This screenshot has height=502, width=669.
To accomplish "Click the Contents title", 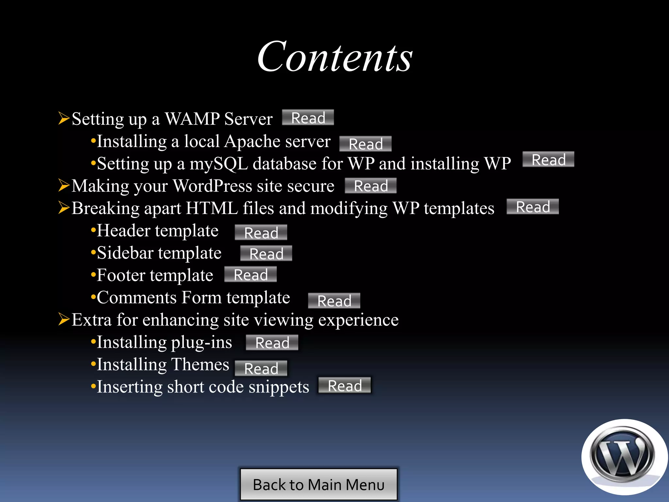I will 335,58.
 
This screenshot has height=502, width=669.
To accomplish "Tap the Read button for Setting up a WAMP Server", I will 308,118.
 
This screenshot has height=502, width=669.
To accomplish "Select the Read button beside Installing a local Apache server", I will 366,144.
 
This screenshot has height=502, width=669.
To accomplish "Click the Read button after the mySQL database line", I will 548,159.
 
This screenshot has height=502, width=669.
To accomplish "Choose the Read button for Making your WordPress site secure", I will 371,186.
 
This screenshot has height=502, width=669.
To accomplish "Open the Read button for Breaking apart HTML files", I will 533,207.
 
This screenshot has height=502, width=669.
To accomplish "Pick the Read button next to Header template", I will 261,233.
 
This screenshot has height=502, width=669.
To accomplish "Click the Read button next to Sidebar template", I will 266,254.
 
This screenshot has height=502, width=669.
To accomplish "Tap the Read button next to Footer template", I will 251,275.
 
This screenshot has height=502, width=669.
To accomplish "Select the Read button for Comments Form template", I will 334,301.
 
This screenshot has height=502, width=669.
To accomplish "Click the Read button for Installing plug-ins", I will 272,343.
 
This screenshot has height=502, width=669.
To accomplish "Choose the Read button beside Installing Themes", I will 261,369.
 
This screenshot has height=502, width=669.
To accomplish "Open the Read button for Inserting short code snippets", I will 345,386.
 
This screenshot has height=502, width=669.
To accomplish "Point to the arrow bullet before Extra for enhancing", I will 64,319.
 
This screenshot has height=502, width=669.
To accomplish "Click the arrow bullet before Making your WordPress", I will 64,185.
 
